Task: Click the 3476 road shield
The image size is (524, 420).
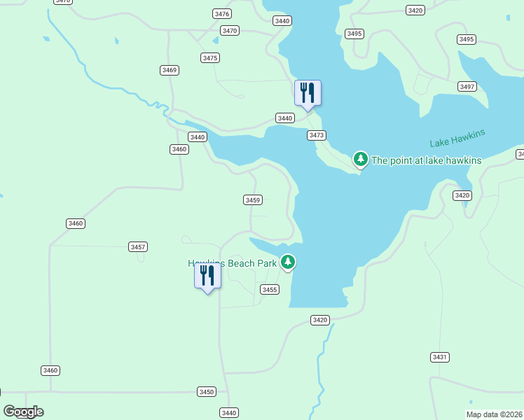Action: [222, 14]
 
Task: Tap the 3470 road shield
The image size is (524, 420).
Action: [229, 30]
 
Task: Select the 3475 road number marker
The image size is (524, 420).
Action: [209, 57]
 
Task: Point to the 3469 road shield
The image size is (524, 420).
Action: [169, 70]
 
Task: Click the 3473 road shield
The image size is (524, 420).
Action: [317, 135]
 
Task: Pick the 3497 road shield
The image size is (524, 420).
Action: [467, 86]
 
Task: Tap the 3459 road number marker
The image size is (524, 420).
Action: [253, 200]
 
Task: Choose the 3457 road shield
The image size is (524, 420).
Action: [138, 247]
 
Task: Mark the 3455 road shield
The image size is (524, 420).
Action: [270, 289]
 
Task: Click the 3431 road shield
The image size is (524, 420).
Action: [439, 357]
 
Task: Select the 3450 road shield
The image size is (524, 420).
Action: [206, 392]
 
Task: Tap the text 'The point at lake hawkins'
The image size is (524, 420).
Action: [426, 160]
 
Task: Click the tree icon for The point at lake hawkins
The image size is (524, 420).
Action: [361, 160]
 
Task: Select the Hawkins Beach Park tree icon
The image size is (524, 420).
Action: [288, 262]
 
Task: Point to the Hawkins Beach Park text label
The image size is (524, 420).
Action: [233, 263]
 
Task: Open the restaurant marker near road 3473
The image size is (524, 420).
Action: [308, 94]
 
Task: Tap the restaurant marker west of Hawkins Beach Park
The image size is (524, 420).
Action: [207, 275]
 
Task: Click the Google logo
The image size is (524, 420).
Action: [23, 412]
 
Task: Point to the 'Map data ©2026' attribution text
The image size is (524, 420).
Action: [495, 414]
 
